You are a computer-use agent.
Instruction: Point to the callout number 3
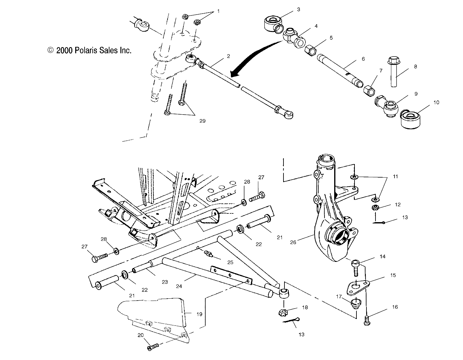pos(298,9)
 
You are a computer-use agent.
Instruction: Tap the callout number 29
pos(202,121)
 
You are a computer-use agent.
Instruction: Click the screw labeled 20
pos(152,347)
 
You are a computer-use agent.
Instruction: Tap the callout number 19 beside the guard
pos(200,314)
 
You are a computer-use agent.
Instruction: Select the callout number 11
pos(395,177)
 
